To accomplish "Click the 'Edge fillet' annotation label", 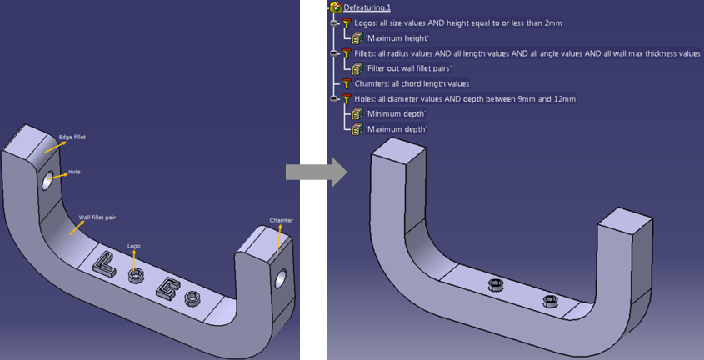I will tap(72, 137).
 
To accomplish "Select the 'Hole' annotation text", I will tap(74, 172).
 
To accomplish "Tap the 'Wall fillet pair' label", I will tap(97, 217).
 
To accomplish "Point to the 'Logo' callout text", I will tap(133, 246).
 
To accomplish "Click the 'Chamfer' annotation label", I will tap(281, 220).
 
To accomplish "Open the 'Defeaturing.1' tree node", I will tap(367, 7).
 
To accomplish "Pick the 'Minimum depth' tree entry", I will tap(396, 114).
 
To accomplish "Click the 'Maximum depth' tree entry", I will tap(397, 129).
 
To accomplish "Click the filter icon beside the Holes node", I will tap(346, 99).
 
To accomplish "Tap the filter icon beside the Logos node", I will tap(346, 23).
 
